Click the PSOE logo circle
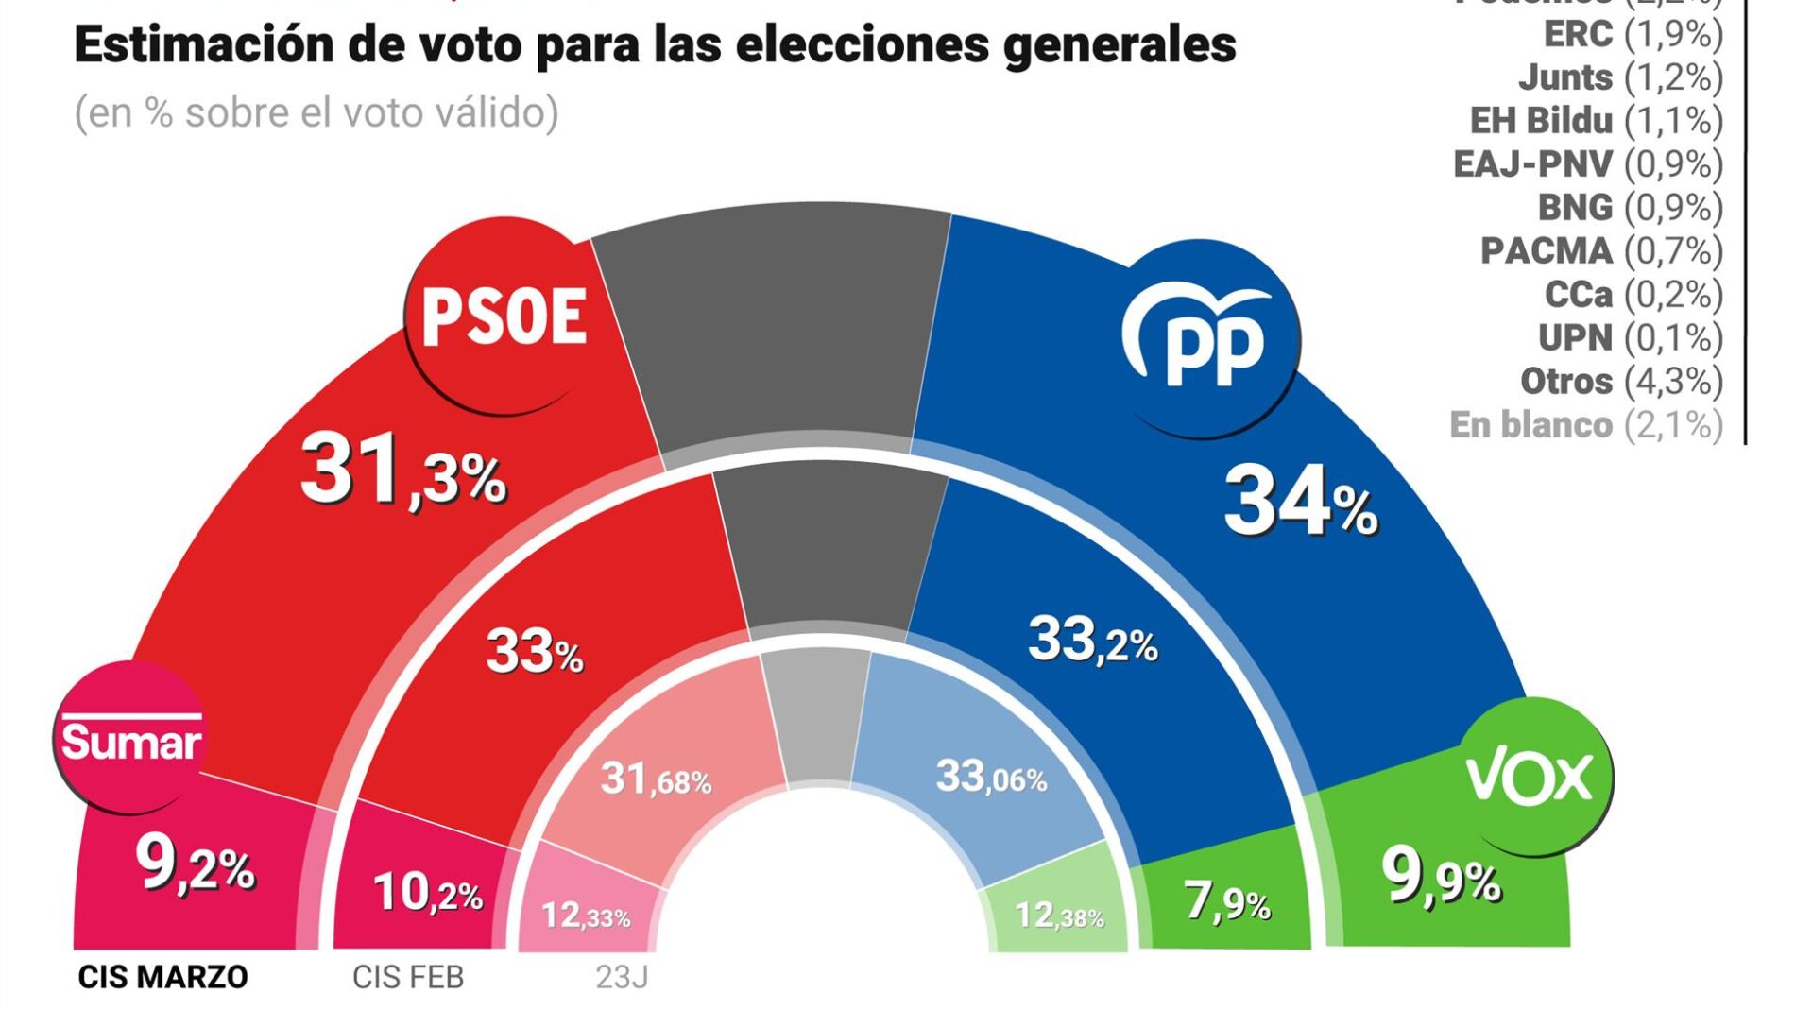coord(503,316)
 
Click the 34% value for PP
coord(1300,502)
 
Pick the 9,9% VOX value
coord(1441,877)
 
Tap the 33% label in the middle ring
coord(535,652)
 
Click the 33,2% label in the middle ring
coord(1092,641)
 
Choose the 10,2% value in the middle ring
coord(427,892)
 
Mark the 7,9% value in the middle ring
coord(1227,901)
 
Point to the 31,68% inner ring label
coord(656,779)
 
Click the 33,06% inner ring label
coord(991,778)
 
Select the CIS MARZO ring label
coord(162,977)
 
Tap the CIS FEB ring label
coord(408,977)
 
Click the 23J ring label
coord(622,977)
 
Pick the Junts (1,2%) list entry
coord(1620,77)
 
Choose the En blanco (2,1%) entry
coord(1586,425)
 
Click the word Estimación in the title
coord(204,44)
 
